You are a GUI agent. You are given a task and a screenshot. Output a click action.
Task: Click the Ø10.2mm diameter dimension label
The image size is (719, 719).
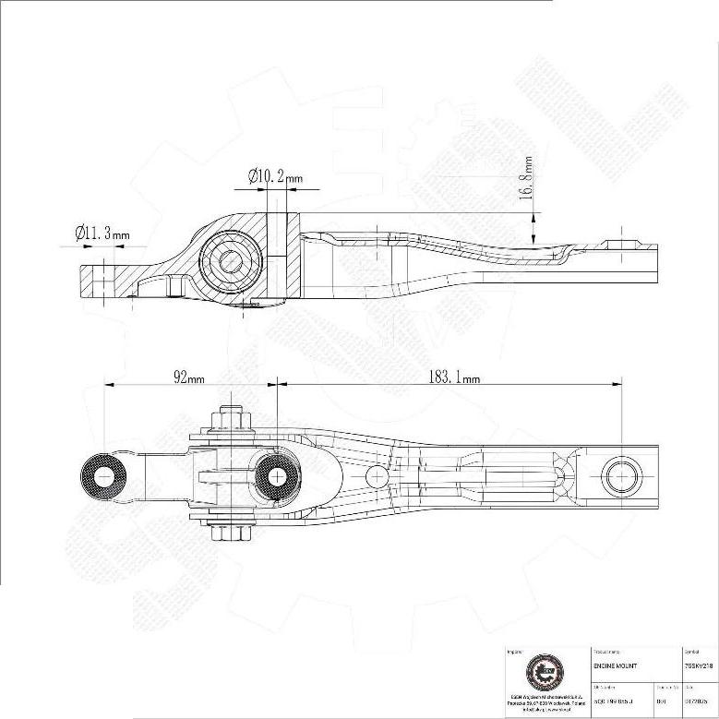click(x=275, y=175)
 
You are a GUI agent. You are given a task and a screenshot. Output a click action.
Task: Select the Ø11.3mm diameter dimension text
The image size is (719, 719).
click(x=102, y=234)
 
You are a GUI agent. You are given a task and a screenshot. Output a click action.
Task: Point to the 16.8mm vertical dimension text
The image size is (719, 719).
click(x=527, y=178)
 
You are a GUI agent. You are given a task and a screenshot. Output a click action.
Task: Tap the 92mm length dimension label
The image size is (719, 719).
click(x=189, y=377)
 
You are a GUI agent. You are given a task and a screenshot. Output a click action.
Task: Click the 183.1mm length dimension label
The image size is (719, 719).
click(x=453, y=377)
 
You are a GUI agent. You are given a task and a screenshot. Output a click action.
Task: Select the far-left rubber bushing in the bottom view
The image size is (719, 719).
click(x=104, y=476)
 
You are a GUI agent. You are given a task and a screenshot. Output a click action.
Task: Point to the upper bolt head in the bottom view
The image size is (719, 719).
click(x=231, y=419)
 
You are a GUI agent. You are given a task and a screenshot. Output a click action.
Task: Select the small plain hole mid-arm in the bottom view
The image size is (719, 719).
click(x=376, y=476)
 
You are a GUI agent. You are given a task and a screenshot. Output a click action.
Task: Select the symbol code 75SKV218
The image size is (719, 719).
click(x=698, y=665)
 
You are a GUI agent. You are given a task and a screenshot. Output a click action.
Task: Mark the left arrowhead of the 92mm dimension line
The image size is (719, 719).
click(x=109, y=384)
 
